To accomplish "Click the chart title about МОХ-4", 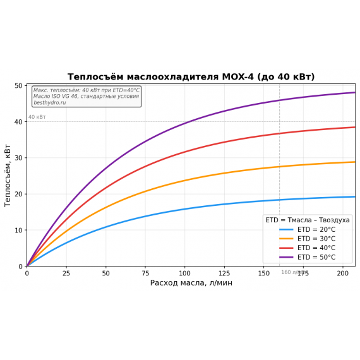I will tap(191, 77).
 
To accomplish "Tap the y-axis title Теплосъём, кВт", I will tap(8, 176).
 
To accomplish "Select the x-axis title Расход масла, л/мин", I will tap(191, 283).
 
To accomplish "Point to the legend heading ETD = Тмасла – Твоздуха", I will tap(308, 220).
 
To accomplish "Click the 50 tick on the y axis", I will tap(19, 85).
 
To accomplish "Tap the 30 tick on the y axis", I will tap(19, 158).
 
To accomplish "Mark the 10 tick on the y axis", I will tap(19, 230).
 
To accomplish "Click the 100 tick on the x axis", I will tap(184, 273).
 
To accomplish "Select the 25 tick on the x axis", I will tap(66, 273).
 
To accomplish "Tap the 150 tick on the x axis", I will tap(264, 273).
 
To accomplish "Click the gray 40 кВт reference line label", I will tap(37, 117).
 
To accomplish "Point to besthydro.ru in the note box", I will tap(50, 103).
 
